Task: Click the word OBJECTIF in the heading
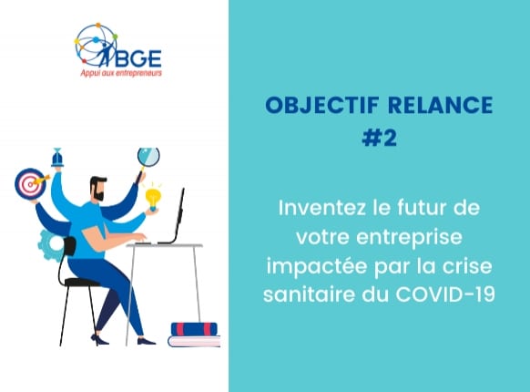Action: pos(321,105)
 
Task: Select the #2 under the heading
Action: pos(379,138)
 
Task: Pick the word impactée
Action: pos(317,267)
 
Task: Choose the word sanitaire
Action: pos(310,294)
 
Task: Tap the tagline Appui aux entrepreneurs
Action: pos(121,73)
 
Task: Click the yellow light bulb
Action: pos(153,199)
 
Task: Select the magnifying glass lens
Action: pos(148,157)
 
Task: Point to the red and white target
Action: pos(30,183)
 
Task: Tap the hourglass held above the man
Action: pos(57,157)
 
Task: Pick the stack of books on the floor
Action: pos(194,335)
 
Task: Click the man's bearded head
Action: pos(98,188)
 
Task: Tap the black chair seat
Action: pos(82,282)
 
